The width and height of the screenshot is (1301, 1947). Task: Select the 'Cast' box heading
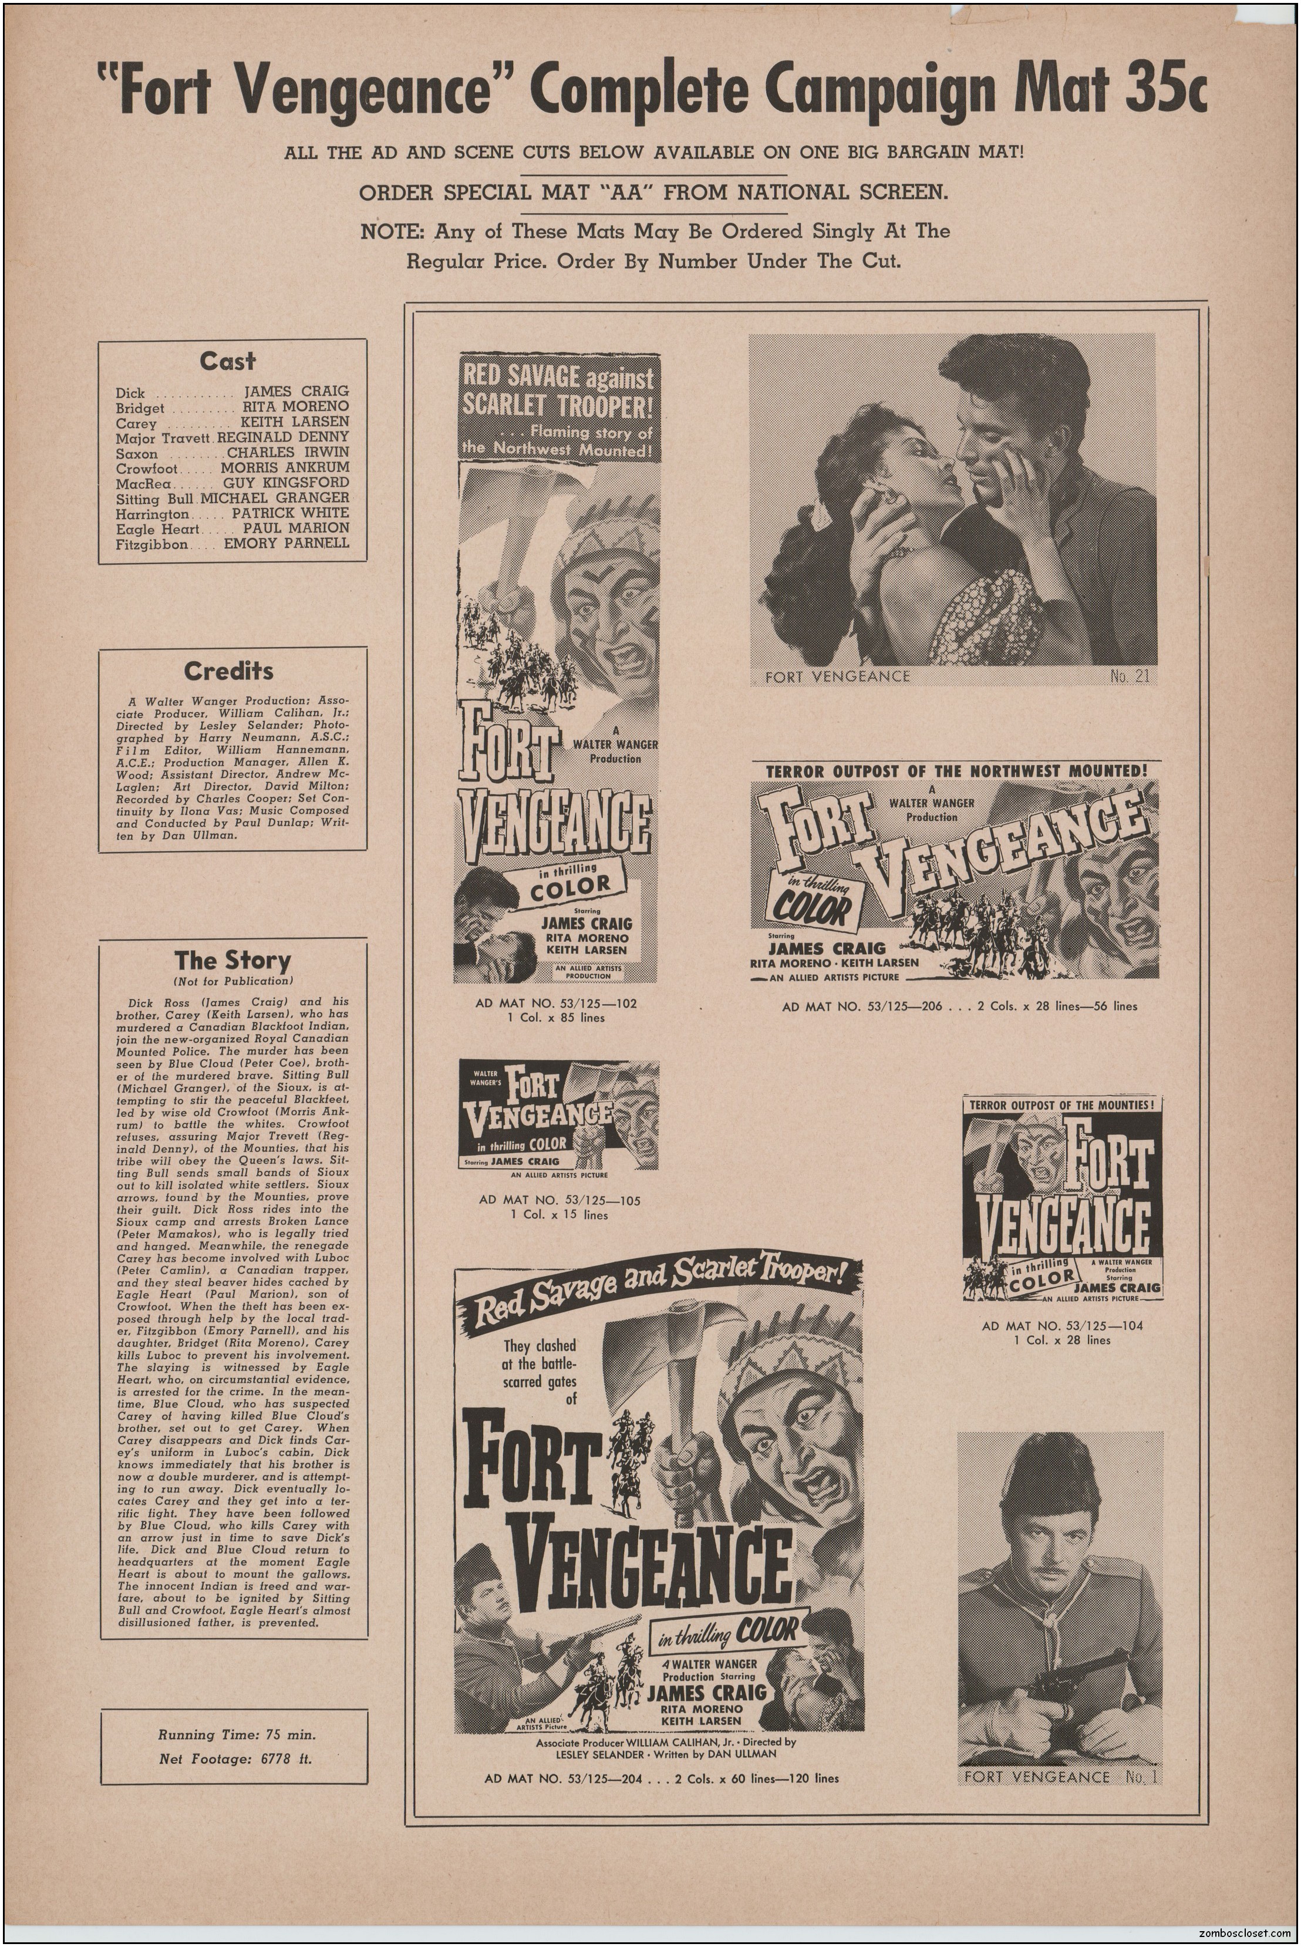pos(227,362)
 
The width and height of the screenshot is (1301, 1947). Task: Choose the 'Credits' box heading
pos(228,671)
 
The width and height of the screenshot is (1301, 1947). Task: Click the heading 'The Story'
pos(232,961)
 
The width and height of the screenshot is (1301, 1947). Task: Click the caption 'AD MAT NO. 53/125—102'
pos(556,1003)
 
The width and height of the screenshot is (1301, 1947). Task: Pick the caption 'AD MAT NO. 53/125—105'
pos(560,1200)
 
